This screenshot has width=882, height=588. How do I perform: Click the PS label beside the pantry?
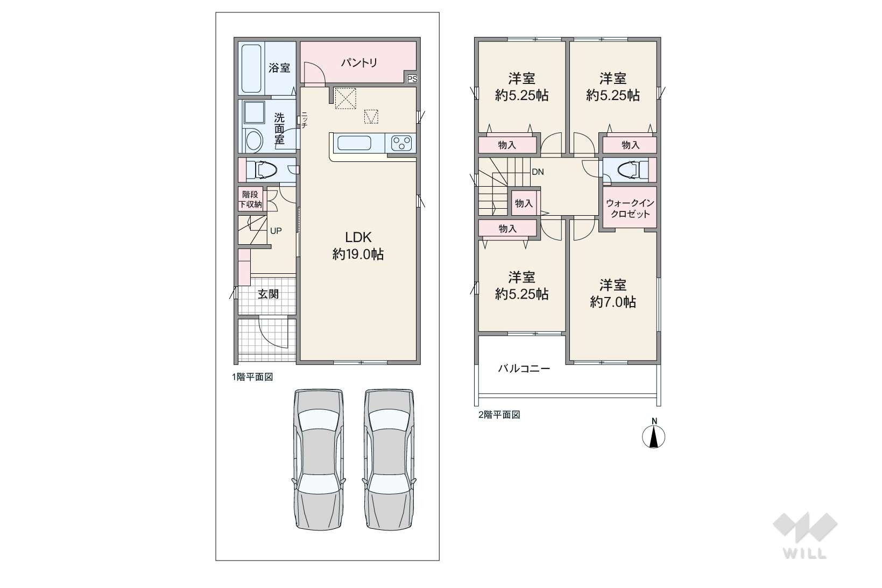tap(412, 79)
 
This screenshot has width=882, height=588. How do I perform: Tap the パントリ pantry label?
tap(359, 62)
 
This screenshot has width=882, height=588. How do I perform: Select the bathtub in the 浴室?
tap(251, 68)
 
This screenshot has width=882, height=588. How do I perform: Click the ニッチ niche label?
tap(305, 119)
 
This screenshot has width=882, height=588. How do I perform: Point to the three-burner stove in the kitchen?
tap(401, 143)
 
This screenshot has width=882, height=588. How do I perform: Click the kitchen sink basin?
tap(354, 143)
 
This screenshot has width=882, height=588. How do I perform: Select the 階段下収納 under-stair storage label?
tap(250, 199)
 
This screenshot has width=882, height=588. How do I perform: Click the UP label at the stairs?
tap(276, 231)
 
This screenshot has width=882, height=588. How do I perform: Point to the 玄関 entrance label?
tap(268, 294)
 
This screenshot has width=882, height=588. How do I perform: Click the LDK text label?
tap(358, 237)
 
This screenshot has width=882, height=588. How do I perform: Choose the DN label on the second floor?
tap(538, 172)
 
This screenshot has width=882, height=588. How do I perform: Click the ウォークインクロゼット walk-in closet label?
tap(630, 209)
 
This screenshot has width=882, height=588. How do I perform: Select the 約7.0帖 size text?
tap(613, 302)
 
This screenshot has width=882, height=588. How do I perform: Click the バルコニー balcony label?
tap(524, 369)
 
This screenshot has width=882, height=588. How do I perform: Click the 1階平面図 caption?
tap(252, 377)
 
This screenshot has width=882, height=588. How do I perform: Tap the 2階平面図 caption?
tap(499, 415)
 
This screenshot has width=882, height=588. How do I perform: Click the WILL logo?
tap(805, 535)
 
